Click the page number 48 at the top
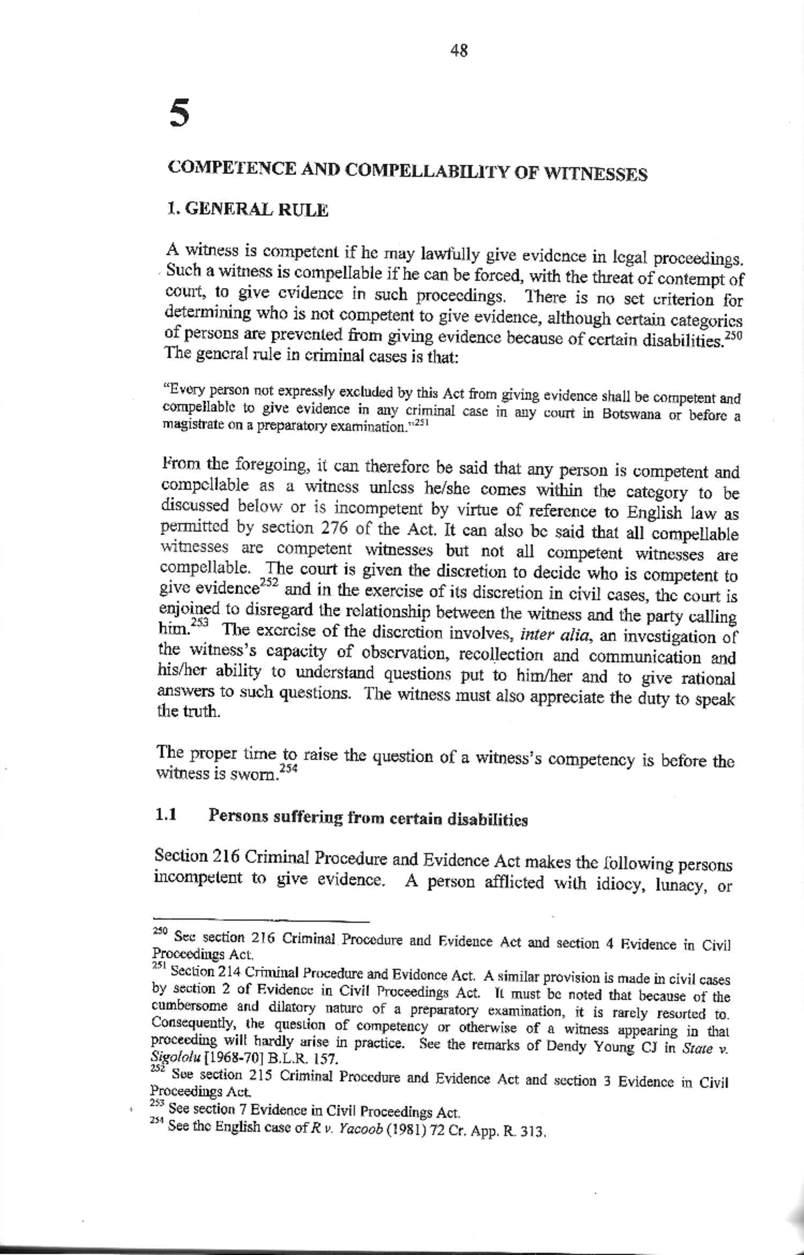(459, 50)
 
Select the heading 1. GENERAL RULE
(247, 210)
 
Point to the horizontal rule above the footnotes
(261, 919)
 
